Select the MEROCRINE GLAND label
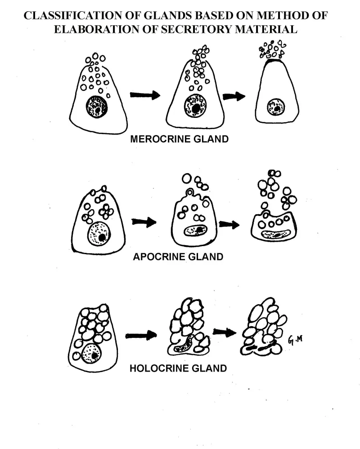coord(179,139)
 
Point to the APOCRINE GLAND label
coord(178,257)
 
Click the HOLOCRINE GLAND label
coord(178,368)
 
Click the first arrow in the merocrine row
coord(144,95)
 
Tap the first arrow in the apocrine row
coord(144,222)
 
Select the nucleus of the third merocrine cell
coord(275,108)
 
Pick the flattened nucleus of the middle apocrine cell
coord(194,231)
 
